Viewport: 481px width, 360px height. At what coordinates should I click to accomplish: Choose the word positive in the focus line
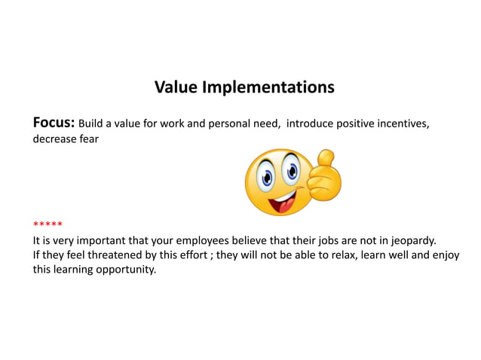tap(347, 124)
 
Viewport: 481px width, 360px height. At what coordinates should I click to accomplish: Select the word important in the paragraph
tap(97, 241)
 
